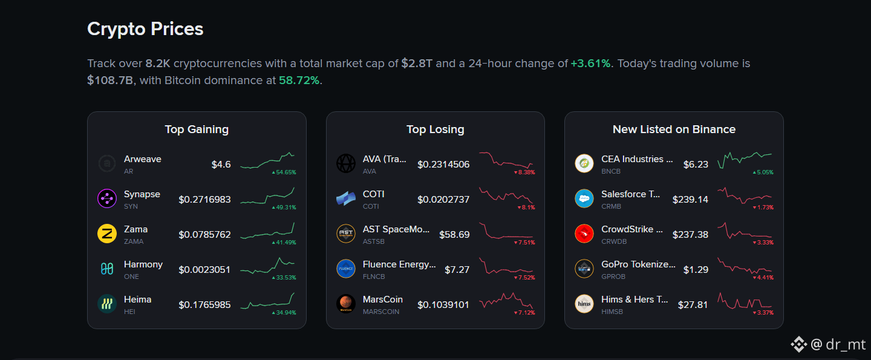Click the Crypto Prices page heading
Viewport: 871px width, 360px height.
(x=145, y=29)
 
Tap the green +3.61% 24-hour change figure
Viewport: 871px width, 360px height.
(x=590, y=64)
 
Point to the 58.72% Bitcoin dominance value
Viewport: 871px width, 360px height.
(x=299, y=80)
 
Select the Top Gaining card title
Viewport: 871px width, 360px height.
(x=197, y=129)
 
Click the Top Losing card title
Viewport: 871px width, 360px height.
(x=435, y=129)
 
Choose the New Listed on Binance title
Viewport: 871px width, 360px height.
(x=674, y=129)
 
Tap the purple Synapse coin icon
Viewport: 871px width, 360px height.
(x=107, y=198)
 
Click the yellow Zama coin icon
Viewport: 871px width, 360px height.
(x=107, y=234)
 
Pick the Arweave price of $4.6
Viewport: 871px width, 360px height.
(x=221, y=165)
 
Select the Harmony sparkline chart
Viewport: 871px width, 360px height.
(x=267, y=266)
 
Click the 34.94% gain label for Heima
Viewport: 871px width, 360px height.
(x=284, y=313)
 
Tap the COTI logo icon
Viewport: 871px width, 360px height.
(x=346, y=198)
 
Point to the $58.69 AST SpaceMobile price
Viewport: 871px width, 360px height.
(x=454, y=234)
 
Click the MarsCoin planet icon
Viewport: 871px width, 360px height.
(x=346, y=304)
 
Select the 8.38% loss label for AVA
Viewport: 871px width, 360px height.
(x=524, y=172)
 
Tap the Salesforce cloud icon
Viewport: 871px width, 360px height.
(x=584, y=198)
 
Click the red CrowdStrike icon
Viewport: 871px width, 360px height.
(x=584, y=234)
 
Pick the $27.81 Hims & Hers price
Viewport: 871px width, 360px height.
(x=693, y=305)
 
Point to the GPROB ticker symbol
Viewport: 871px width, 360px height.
(x=613, y=277)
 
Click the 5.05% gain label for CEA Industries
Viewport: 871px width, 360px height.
(x=763, y=172)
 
